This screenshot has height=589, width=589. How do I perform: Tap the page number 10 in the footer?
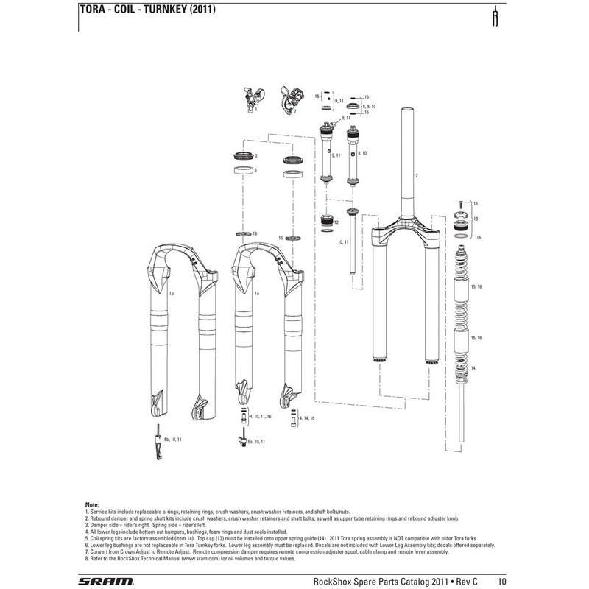[x=502, y=580]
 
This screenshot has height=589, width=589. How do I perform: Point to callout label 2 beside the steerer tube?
[x=416, y=177]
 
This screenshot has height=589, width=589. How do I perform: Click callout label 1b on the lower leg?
[x=171, y=294]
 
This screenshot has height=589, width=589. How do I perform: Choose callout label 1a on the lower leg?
[x=257, y=294]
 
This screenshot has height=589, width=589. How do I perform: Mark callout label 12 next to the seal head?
[x=336, y=222]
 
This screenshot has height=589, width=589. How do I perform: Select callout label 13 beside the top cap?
[x=476, y=219]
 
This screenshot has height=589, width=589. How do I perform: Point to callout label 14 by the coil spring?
[x=474, y=367]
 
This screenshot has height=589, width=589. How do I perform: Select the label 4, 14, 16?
[x=307, y=417]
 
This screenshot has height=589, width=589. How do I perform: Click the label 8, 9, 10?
[x=369, y=107]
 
